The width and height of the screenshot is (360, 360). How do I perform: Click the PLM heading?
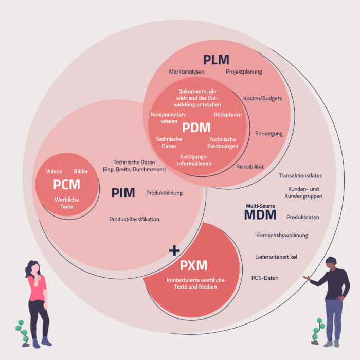pyautogui.click(x=216, y=59)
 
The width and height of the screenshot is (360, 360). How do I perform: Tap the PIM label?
pyautogui.click(x=123, y=193)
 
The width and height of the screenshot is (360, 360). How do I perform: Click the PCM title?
pyautogui.click(x=66, y=184)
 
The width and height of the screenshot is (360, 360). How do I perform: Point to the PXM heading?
pyautogui.click(x=194, y=266)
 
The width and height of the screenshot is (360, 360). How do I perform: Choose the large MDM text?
pyautogui.click(x=260, y=215)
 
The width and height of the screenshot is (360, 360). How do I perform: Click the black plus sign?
pyautogui.click(x=174, y=250)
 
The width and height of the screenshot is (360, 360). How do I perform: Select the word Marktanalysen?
pyautogui.click(x=186, y=71)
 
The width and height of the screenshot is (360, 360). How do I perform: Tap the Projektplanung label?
pyautogui.click(x=244, y=71)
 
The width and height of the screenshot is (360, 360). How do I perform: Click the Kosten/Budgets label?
pyautogui.click(x=262, y=98)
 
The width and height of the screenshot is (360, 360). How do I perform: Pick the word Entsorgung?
pyautogui.click(x=269, y=134)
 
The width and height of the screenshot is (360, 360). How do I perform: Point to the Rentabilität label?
pyautogui.click(x=250, y=167)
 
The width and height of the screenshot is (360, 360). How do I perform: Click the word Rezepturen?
pyautogui.click(x=228, y=115)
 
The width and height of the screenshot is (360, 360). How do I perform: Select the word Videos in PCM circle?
pyautogui.click(x=54, y=171)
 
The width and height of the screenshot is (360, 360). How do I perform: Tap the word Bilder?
pyautogui.click(x=81, y=171)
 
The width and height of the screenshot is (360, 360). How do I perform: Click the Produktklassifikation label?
pyautogui.click(x=134, y=219)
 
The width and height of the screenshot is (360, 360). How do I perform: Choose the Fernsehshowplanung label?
pyautogui.click(x=282, y=235)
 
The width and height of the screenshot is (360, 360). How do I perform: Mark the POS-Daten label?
pyautogui.click(x=265, y=278)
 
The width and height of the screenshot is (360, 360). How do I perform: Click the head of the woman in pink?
pyautogui.click(x=33, y=266)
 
